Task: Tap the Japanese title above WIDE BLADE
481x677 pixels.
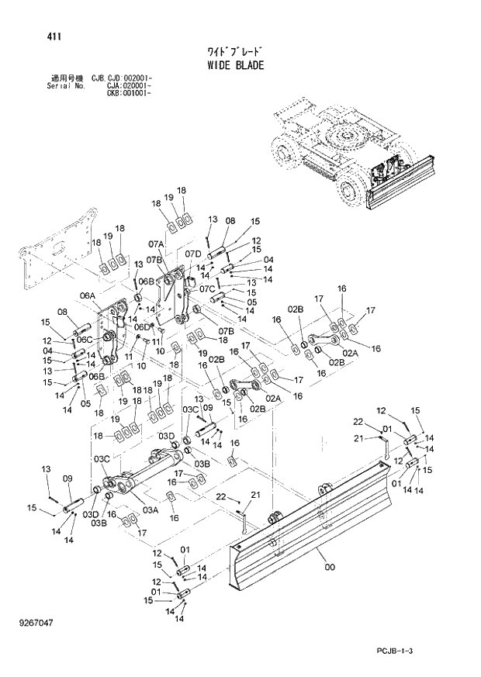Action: (234, 52)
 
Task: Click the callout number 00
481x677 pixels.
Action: (330, 568)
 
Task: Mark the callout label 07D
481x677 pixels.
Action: (193, 254)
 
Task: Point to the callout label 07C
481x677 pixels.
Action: (206, 289)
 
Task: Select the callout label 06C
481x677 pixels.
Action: (85, 339)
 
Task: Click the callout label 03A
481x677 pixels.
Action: (151, 509)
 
